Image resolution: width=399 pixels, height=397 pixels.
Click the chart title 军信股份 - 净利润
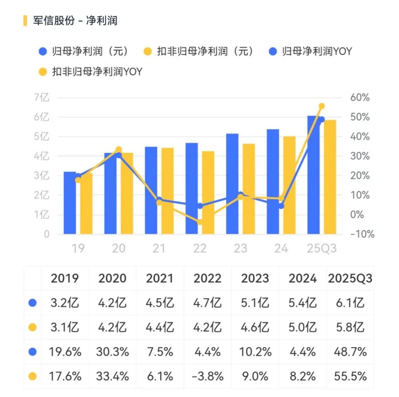tap(75, 20)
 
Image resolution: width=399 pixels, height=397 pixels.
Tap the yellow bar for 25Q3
tap(330, 177)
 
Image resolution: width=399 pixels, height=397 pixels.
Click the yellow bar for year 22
tap(208, 193)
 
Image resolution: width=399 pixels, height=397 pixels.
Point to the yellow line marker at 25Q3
tap(321, 106)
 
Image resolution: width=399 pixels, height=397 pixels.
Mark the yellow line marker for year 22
tap(200, 222)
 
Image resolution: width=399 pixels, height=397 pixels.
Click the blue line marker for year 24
tap(281, 206)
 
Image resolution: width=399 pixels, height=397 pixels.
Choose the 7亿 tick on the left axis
tap(41, 98)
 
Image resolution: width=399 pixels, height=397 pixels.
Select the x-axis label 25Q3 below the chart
tap(322, 248)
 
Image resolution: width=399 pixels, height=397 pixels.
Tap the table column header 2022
tap(207, 278)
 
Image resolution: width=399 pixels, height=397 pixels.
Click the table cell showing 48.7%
tap(350, 352)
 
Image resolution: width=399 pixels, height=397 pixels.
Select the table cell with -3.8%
tap(207, 377)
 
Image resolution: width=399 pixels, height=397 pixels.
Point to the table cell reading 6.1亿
tap(350, 303)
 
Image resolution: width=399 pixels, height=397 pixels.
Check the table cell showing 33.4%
tap(112, 377)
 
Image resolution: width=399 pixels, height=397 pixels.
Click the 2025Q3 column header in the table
tap(350, 278)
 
